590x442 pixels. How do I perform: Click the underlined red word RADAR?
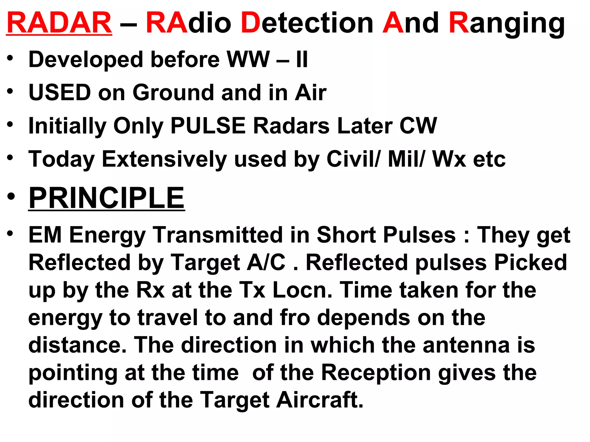pos(59,23)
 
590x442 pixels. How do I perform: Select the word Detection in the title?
pos(307,23)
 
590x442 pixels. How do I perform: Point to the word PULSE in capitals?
pos(208,126)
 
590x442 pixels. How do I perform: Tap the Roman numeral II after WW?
pos(302,60)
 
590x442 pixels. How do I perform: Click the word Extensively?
pos(164,159)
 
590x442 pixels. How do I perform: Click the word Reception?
pos(376,373)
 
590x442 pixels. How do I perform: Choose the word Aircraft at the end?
pos(319,400)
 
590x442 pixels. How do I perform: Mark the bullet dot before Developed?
pos(10,58)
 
